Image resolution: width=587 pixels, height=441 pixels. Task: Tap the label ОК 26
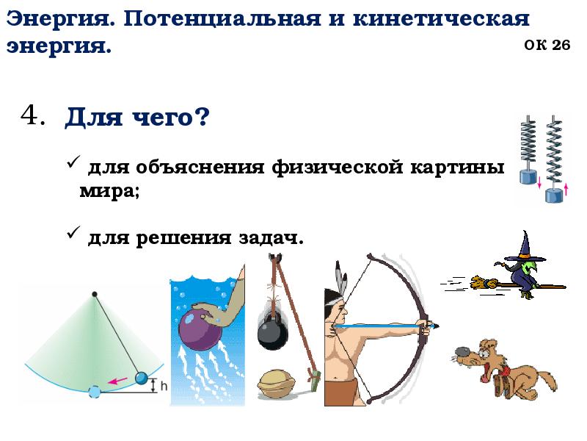pos(547,45)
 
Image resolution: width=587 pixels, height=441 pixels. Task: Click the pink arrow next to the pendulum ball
pos(114,381)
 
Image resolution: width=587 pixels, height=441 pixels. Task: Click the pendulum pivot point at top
pos(94,294)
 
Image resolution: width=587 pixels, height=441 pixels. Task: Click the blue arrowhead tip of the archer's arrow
pos(437,326)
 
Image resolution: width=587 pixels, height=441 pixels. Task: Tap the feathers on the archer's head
pos(339,277)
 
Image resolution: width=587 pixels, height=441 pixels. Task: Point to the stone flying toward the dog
pos(462,351)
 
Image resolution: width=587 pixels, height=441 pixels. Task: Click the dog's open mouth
pos(485,372)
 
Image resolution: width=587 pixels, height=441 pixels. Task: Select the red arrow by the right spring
pos(566,190)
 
